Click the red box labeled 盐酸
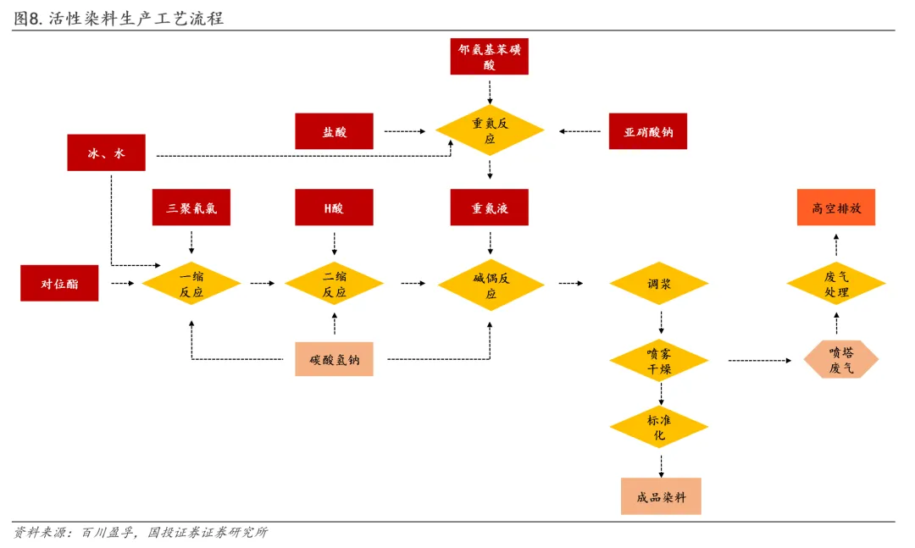334,131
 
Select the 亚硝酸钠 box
648,131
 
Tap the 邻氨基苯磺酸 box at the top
489,57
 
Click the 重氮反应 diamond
490,130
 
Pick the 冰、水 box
106,153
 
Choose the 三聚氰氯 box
191,208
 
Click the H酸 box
334,208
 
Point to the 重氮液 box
489,208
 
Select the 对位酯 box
59,283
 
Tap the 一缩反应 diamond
191,284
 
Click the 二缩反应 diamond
335,284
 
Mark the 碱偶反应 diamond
491,285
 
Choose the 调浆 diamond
659,284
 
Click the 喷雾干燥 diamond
659,361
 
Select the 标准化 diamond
659,427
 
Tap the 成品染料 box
661,496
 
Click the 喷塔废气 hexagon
841,359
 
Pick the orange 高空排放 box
836,208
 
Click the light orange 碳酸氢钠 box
334,359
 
